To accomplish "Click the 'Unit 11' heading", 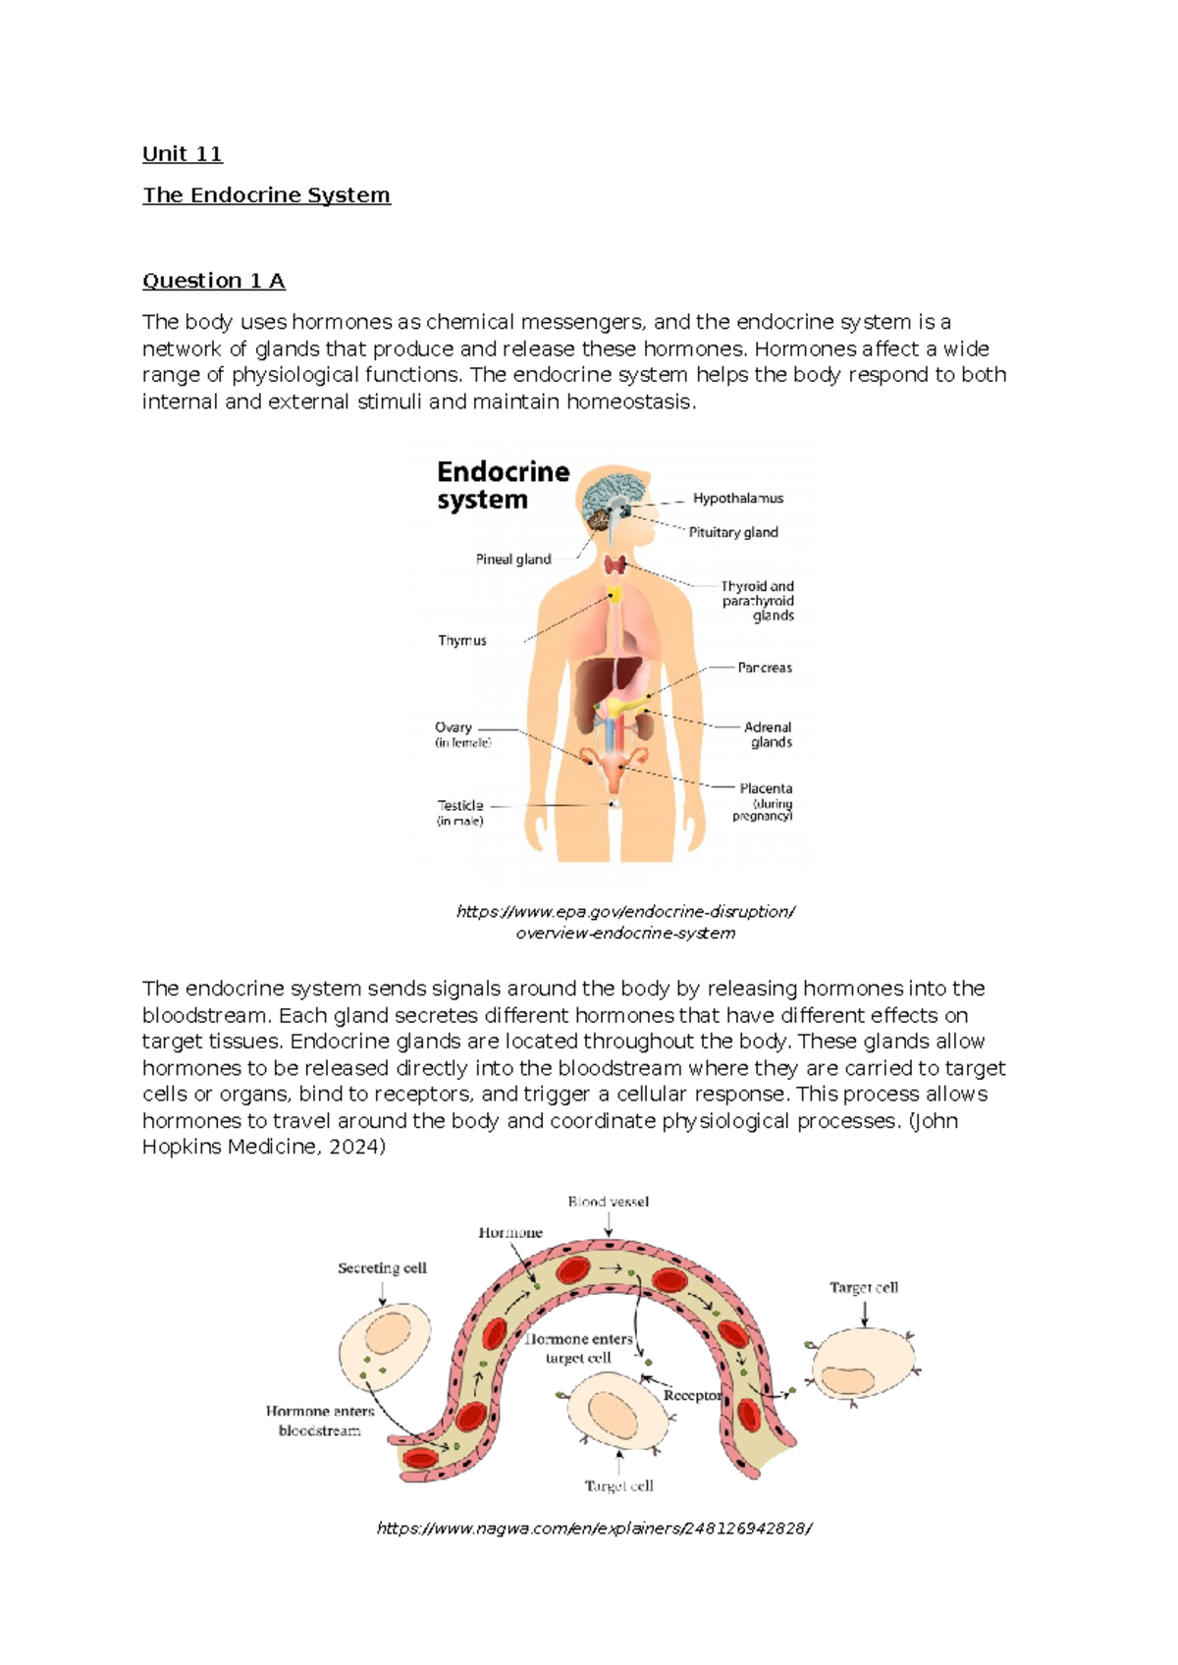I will point(183,154).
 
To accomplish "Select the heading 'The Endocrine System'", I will point(266,195).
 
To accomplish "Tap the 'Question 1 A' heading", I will point(214,281).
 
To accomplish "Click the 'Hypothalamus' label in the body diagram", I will point(737,499).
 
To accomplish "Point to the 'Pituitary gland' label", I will point(732,532).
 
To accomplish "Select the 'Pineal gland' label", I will point(513,560).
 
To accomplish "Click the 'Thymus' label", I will point(462,640).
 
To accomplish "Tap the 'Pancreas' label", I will point(765,668).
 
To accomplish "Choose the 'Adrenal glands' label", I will point(769,734).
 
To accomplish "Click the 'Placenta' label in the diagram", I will point(766,788).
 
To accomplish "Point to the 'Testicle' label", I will point(460,806).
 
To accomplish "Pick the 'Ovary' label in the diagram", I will point(454,727).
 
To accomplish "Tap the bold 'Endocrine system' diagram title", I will point(503,485).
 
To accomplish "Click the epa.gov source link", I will point(625,922).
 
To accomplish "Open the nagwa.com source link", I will point(594,1529).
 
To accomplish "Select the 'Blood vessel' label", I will point(609,1202).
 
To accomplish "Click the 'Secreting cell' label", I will point(382,1268).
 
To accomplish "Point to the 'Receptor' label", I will point(692,1395).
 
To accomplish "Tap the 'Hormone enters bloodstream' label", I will point(320,1421).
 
